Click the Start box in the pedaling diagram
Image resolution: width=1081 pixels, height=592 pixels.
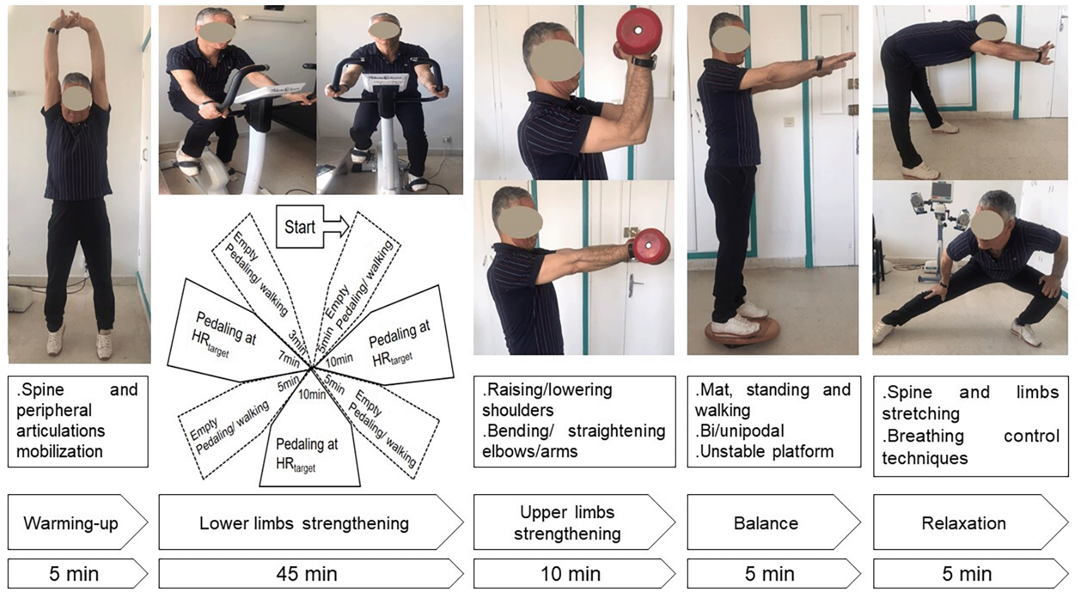[300, 227]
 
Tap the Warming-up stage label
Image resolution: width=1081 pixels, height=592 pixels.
[71, 523]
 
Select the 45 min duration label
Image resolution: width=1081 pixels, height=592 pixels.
[307, 574]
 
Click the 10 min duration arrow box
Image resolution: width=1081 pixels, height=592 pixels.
[574, 574]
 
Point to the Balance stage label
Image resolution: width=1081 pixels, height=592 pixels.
[766, 523]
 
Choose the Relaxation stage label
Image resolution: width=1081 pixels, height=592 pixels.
[964, 523]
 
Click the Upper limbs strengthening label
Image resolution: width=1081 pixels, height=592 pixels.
[567, 523]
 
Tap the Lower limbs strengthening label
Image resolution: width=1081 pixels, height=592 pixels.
[304, 523]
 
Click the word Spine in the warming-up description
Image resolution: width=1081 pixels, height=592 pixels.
[43, 390]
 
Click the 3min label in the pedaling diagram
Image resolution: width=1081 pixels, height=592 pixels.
[297, 341]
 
